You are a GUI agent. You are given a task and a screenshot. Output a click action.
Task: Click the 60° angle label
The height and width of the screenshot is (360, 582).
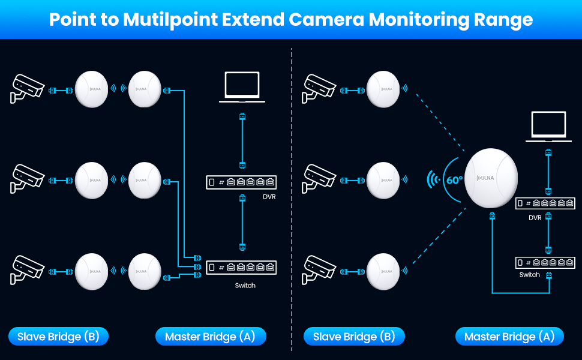click(x=454, y=179)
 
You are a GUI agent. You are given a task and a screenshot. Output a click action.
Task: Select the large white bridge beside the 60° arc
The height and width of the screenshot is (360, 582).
click(x=491, y=178)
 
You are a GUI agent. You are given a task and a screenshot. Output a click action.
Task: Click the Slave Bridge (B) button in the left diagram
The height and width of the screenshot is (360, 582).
click(x=58, y=337)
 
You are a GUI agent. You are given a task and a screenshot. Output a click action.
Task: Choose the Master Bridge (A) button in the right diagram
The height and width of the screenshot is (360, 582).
click(x=509, y=337)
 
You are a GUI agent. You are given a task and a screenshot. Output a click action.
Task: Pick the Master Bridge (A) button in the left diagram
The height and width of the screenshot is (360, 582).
click(x=210, y=337)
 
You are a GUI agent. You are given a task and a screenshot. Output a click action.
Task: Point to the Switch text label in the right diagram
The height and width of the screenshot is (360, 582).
click(x=529, y=275)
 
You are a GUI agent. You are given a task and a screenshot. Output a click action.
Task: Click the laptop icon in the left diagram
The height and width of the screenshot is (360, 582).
click(x=242, y=88)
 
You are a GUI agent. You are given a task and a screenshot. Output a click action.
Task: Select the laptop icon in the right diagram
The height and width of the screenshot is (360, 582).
click(x=548, y=127)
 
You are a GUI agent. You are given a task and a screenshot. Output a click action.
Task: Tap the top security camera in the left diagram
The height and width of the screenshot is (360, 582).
click(x=28, y=88)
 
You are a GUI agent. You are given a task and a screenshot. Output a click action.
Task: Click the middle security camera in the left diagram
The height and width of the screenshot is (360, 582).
click(x=28, y=178)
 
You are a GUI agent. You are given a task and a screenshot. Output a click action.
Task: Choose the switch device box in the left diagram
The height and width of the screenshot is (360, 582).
click(x=242, y=268)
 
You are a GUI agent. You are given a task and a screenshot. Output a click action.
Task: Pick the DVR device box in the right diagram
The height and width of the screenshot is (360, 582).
click(x=545, y=203)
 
